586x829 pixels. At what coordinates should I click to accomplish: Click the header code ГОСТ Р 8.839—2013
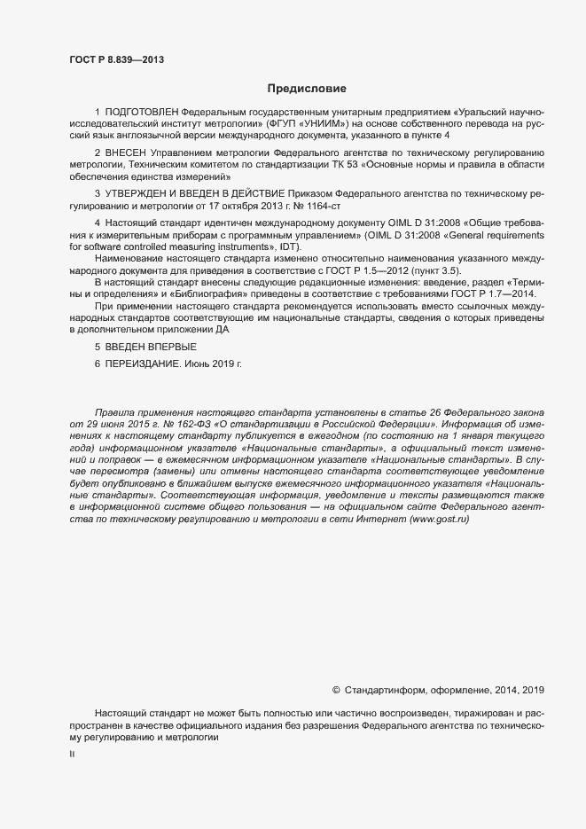[116, 59]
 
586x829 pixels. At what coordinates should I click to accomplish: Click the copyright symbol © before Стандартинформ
[337, 689]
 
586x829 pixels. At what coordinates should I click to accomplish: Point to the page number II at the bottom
[72, 755]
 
